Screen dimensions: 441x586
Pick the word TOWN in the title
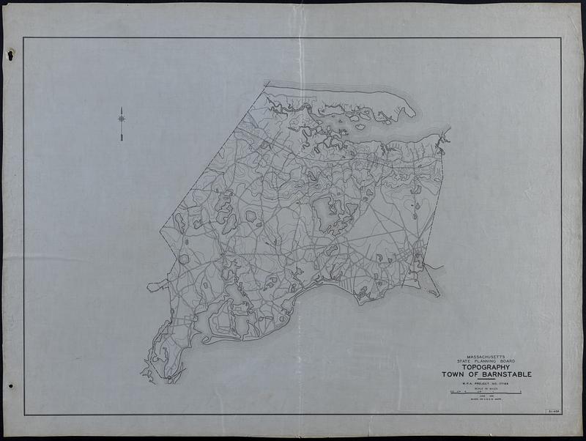tap(455, 375)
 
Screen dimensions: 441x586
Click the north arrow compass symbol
tap(122, 117)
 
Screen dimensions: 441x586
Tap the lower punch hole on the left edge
tap(10, 386)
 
